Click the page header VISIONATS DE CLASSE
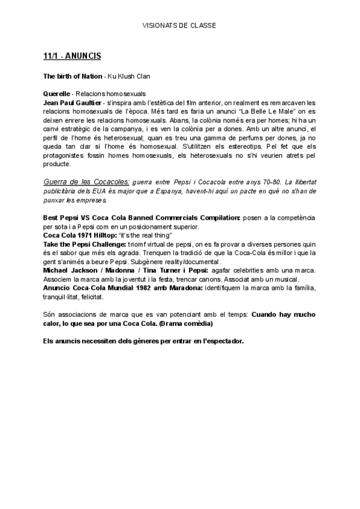[x=179, y=25]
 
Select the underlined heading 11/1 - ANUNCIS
[x=72, y=56]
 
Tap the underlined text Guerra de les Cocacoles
[x=86, y=181]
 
